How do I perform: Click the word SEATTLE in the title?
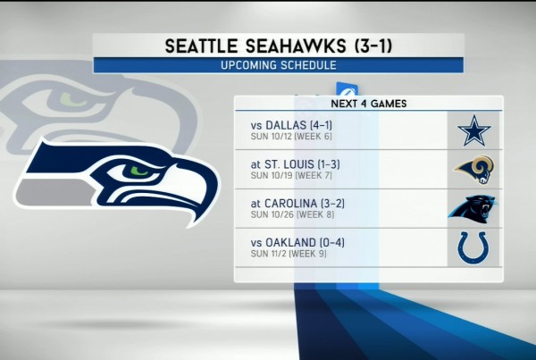tap(201, 46)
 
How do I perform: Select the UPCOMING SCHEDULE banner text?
tap(278, 65)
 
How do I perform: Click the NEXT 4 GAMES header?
tap(369, 104)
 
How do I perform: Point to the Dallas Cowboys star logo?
tap(474, 130)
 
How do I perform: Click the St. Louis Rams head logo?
tap(474, 170)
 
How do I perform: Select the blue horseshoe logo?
tap(474, 247)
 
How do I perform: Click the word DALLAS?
tap(286, 125)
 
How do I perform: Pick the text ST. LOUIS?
tap(289, 164)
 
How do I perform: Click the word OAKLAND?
tap(291, 243)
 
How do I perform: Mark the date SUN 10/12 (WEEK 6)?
tap(291, 137)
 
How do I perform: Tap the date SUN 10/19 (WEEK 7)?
tap(291, 176)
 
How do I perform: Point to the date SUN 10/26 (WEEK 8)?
tap(292, 214)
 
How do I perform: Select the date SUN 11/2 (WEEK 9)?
tap(289, 254)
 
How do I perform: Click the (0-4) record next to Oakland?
tap(332, 243)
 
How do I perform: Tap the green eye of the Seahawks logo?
tap(139, 171)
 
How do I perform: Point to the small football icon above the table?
tap(347, 89)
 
